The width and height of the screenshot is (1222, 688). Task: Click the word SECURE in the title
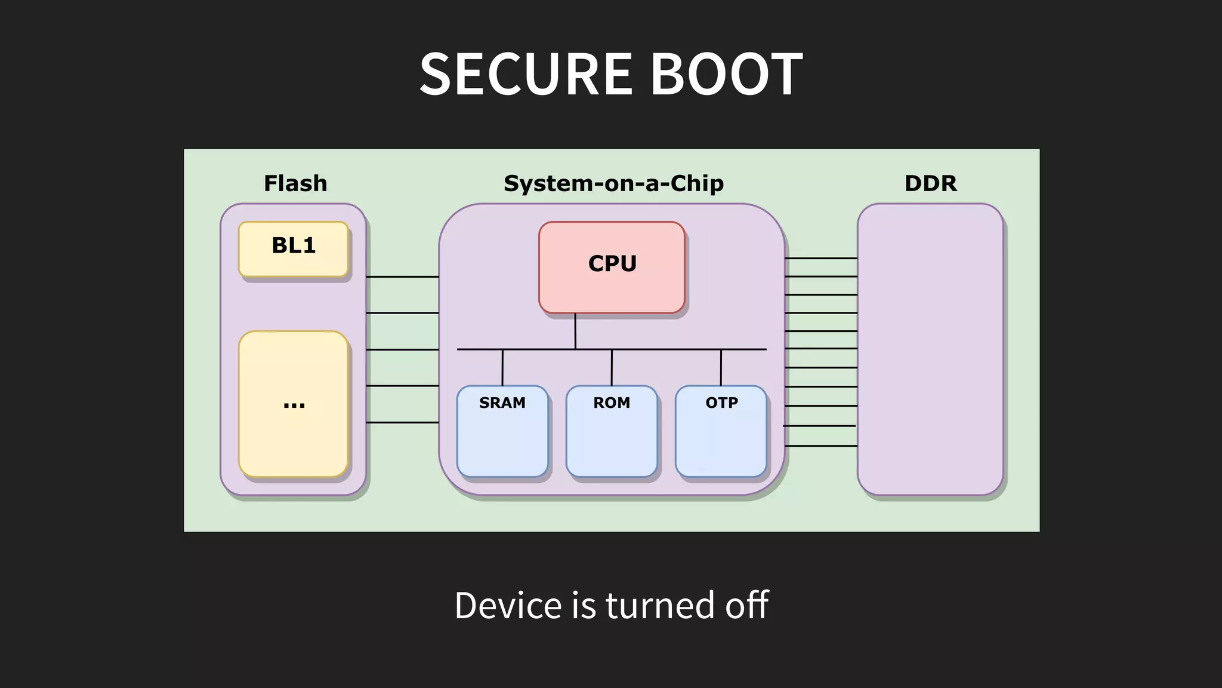point(526,74)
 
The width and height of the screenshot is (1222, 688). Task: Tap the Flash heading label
point(295,183)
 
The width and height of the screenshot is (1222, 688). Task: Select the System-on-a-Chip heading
point(613,183)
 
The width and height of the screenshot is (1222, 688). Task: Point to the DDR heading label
point(930,183)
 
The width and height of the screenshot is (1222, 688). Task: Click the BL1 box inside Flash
point(293,249)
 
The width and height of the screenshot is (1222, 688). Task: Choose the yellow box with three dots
point(293,404)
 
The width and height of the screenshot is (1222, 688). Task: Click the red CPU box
point(612,267)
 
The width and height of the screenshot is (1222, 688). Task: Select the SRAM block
point(502,431)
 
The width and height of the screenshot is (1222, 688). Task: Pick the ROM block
point(612,431)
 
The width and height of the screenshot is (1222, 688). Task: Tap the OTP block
point(721,431)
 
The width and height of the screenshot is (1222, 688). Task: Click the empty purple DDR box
point(930,349)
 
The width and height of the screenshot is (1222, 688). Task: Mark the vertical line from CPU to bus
point(575,331)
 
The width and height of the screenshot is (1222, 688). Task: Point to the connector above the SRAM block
point(502,367)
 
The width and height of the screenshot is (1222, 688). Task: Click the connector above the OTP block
point(721,367)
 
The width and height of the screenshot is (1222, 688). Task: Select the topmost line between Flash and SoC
point(402,277)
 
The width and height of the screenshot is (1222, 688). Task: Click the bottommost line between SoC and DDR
point(820,446)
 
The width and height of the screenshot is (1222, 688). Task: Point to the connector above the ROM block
point(612,367)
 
